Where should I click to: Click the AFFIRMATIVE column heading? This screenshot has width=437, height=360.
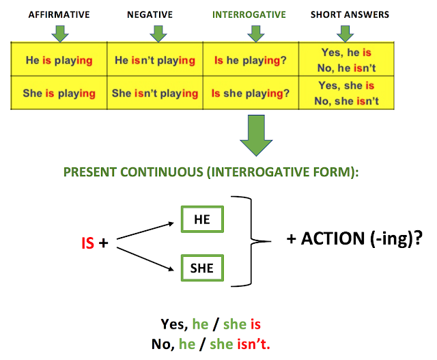point(59,14)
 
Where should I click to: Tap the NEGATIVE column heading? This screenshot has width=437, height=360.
point(150,14)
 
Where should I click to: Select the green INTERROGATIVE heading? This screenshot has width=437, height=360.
point(249,14)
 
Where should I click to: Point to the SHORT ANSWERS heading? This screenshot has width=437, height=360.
point(350,14)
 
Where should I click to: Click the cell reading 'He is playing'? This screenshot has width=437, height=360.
point(59,60)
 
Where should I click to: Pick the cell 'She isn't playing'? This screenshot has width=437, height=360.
point(155,93)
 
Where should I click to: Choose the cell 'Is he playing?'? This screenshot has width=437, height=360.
point(251,60)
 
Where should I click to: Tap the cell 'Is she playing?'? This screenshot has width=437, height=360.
point(251,93)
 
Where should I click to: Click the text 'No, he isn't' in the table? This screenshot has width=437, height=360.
point(346,68)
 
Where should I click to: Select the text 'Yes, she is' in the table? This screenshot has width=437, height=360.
point(346,85)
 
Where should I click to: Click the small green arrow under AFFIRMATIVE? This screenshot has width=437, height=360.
point(60,33)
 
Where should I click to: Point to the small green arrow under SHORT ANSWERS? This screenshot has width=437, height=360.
point(345,33)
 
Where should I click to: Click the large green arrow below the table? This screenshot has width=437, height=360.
point(256,135)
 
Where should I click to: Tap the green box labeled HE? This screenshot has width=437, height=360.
point(202,219)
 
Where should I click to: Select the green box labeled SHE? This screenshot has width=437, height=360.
point(202,268)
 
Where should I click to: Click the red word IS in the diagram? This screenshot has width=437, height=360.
point(87,243)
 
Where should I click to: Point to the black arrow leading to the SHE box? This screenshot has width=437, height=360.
point(145,258)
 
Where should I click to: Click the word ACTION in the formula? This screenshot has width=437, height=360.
point(333,238)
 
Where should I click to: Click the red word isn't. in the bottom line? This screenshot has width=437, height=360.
point(253,344)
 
